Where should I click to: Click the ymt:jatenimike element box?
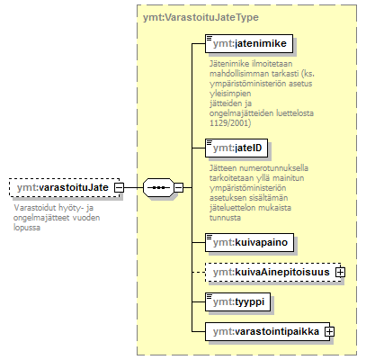(x=249, y=44)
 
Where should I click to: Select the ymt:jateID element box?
(x=237, y=148)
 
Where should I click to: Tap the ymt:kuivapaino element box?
(x=249, y=242)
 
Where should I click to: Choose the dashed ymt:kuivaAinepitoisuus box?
(x=272, y=272)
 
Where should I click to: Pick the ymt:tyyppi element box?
(x=237, y=301)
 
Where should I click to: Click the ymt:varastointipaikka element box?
(x=267, y=331)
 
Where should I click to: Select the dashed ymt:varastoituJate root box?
(x=64, y=187)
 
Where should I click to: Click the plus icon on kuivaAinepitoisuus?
(x=341, y=272)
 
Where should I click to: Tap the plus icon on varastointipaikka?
(x=329, y=331)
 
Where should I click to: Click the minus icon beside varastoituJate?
(x=119, y=187)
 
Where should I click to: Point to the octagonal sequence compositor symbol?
(x=158, y=187)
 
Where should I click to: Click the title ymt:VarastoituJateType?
(x=201, y=17)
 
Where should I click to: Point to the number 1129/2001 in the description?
(x=230, y=123)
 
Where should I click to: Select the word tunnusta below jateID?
(x=225, y=218)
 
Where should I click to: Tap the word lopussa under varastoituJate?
(x=27, y=228)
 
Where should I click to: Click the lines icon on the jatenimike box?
(x=210, y=38)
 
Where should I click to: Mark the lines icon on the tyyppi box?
(x=210, y=296)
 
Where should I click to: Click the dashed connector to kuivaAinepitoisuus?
(x=199, y=272)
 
